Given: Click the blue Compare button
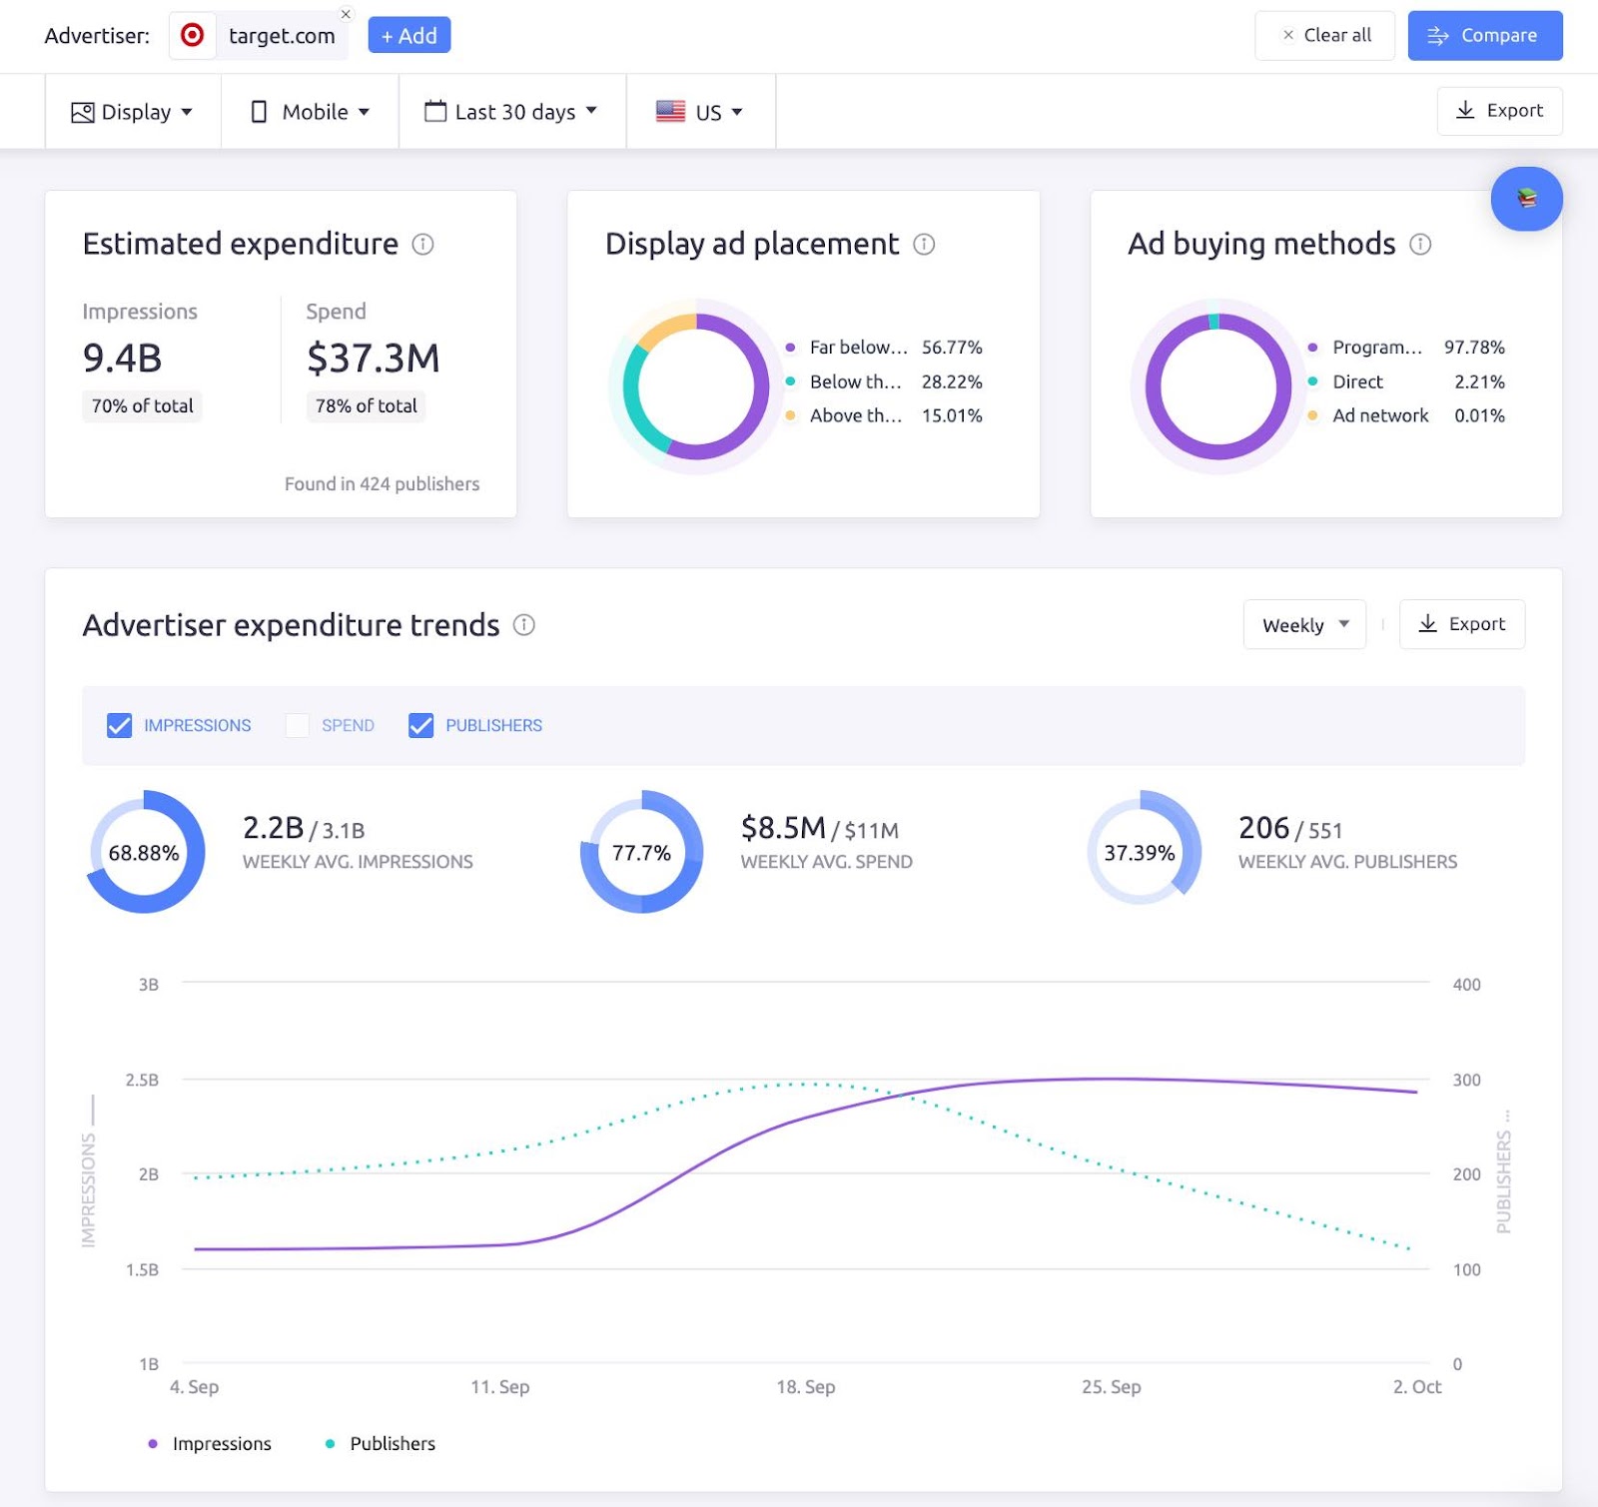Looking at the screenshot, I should click(1484, 36).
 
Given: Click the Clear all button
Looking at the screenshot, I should click(1324, 36).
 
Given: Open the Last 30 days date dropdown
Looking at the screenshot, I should click(511, 112).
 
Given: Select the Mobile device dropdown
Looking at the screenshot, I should click(310, 112).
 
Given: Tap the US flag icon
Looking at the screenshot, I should click(670, 111).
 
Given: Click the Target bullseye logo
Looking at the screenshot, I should click(192, 36).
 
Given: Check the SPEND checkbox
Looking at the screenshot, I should click(297, 725).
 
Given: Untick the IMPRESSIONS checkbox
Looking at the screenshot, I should click(119, 725).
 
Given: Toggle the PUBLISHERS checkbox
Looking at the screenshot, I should click(420, 725).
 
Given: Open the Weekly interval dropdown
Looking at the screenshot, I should click(1304, 625).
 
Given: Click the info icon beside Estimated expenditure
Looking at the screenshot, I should click(423, 245).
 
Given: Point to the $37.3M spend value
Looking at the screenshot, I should click(373, 358).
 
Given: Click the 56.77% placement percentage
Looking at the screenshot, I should click(952, 348).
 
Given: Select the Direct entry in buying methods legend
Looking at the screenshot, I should click(1357, 381).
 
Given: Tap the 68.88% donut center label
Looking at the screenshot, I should click(144, 853).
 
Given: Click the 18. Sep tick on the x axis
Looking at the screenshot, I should click(805, 1386).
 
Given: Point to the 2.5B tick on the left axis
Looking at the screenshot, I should click(142, 1080).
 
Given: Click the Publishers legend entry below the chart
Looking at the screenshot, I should click(392, 1443).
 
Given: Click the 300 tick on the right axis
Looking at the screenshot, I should click(1466, 1080).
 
